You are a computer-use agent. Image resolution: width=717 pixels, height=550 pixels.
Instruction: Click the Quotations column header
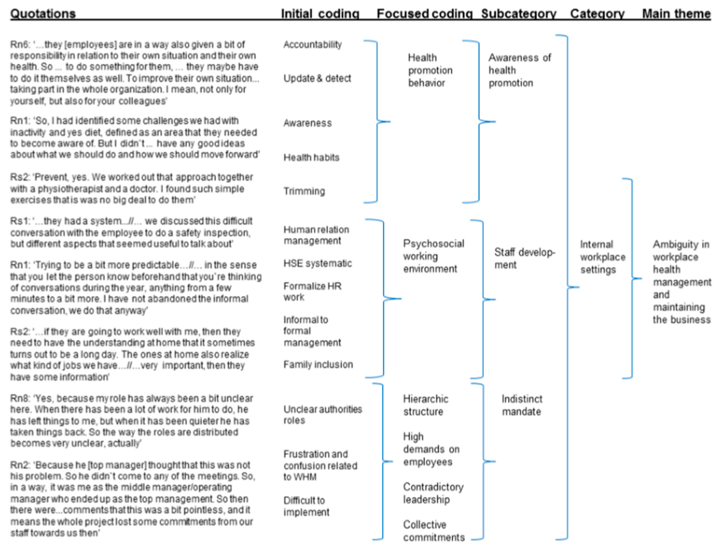tap(43, 14)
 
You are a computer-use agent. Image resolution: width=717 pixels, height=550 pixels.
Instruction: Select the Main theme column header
tap(676, 14)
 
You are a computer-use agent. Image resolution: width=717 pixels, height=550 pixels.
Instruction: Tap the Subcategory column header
tap(518, 14)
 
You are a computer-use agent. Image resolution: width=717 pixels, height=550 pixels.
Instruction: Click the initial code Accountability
tap(313, 44)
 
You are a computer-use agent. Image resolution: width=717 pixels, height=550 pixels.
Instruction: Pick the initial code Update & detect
tap(317, 78)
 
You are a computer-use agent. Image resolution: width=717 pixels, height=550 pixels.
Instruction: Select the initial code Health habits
tap(311, 158)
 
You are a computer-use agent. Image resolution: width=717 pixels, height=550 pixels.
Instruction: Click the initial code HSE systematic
tap(317, 263)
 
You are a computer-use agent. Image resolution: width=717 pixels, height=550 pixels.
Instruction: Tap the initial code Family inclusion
tap(318, 364)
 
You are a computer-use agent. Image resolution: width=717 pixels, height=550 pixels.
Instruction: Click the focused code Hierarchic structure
tap(425, 405)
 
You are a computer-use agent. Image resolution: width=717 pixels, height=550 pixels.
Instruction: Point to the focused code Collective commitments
tap(434, 531)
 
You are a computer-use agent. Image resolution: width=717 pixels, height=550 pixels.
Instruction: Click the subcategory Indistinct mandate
tap(522, 405)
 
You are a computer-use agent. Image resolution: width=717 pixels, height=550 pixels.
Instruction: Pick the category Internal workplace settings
tap(602, 257)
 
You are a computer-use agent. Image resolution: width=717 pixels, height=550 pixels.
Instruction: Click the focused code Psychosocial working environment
tap(433, 256)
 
